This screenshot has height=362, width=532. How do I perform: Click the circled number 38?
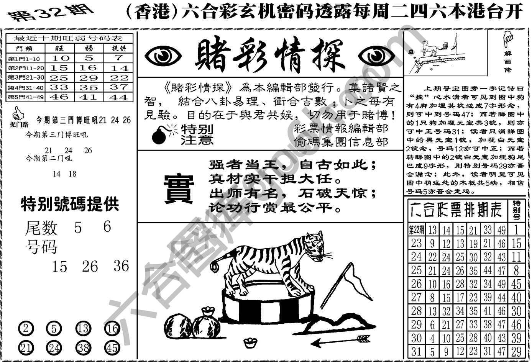pyautogui.click(x=83, y=348)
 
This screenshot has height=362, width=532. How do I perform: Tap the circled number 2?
pyautogui.click(x=26, y=329)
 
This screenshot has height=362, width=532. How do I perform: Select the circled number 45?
pyautogui.click(x=112, y=348)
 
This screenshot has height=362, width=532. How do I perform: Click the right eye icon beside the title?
pyautogui.click(x=377, y=57)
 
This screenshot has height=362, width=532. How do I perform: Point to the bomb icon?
pyautogui.click(x=160, y=135)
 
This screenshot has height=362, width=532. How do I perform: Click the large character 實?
pyautogui.click(x=179, y=188)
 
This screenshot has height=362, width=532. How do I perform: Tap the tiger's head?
pyautogui.click(x=315, y=246)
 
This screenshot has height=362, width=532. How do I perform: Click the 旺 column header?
pyautogui.click(x=59, y=48)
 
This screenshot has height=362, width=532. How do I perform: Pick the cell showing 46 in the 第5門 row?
pyautogui.click(x=59, y=97)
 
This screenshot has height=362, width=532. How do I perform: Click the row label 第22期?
pyautogui.click(x=416, y=231)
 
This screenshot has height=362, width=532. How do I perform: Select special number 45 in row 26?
pyautogui.click(x=516, y=284)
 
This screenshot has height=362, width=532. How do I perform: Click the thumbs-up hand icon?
pyautogui.click(x=17, y=114)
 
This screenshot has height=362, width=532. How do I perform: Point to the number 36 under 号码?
pyautogui.click(x=121, y=266)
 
